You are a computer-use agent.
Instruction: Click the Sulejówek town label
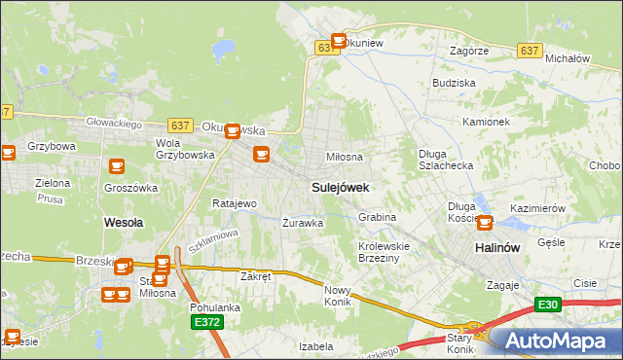pyautogui.click(x=340, y=187)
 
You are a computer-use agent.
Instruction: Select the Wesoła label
pyautogui.click(x=124, y=223)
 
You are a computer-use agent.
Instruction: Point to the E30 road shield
pyautogui.click(x=550, y=305)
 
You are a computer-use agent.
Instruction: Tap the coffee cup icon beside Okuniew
pyautogui.click(x=339, y=41)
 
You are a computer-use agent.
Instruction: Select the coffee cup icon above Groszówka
pyautogui.click(x=118, y=167)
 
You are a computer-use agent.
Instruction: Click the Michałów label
pyautogui.click(x=568, y=58)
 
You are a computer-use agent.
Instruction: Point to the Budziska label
pyautogui.click(x=454, y=84)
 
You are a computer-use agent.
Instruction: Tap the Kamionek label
pyautogui.click(x=487, y=123)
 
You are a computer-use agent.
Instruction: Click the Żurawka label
pyautogui.click(x=303, y=223)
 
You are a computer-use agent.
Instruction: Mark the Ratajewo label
pyautogui.click(x=235, y=204)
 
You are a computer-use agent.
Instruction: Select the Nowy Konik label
pyautogui.click(x=338, y=296)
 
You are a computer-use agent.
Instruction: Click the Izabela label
pyautogui.click(x=316, y=345)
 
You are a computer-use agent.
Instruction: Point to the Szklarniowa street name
pyautogui.click(x=213, y=241)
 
